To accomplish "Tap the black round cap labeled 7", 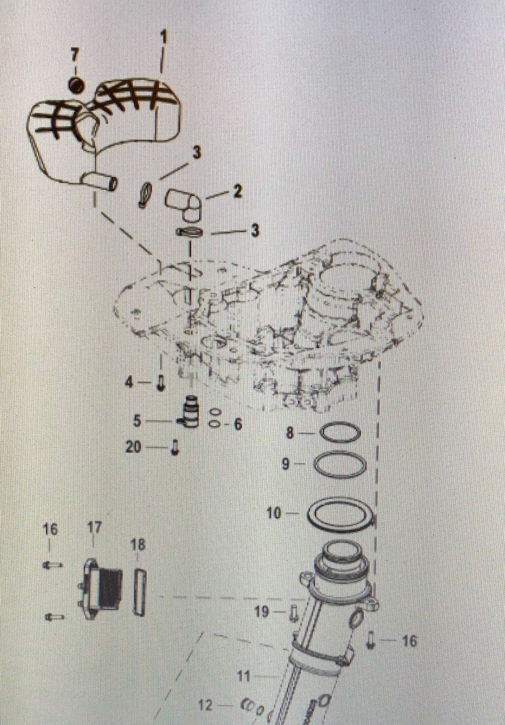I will (x=76, y=86).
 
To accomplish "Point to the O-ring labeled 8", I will (x=340, y=433).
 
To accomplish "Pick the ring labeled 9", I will (x=339, y=464).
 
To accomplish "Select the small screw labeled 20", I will (x=174, y=448).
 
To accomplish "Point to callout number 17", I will (x=94, y=528).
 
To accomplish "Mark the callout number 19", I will (x=261, y=612).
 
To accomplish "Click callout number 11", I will (x=244, y=677).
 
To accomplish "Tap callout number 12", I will (x=206, y=706).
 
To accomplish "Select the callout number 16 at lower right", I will (x=409, y=641).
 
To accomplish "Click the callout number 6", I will (x=238, y=424).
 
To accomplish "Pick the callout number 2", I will (x=237, y=191).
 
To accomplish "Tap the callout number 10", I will (x=274, y=513).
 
